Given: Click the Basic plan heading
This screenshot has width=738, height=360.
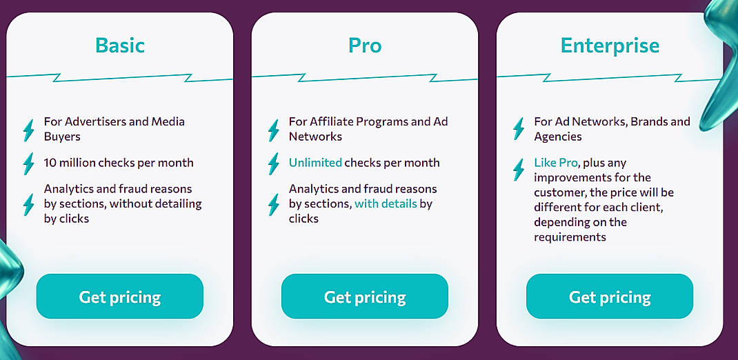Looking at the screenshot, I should (x=120, y=46).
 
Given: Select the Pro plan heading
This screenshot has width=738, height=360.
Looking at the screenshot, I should (x=365, y=46).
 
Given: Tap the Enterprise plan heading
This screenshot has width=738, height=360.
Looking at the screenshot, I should (x=610, y=46).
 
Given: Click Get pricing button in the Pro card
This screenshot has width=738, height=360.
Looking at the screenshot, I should (x=365, y=297).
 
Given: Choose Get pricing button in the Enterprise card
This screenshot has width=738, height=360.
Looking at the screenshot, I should (x=610, y=297).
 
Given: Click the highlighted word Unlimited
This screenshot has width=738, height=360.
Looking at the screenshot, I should (x=315, y=163).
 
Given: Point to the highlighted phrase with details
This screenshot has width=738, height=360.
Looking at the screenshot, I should (x=386, y=203).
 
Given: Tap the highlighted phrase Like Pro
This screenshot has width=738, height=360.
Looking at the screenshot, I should (x=556, y=163).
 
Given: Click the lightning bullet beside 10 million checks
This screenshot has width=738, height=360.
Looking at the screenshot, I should (x=28, y=163).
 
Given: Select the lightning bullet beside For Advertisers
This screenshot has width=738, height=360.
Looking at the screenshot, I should (x=28, y=130).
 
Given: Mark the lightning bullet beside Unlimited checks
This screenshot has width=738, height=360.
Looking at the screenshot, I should (x=273, y=163).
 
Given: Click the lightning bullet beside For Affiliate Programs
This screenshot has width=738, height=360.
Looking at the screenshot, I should (x=273, y=130).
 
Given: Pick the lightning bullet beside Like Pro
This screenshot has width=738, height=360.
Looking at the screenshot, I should (x=518, y=170).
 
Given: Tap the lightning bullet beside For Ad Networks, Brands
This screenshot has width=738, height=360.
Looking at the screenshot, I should (x=518, y=129).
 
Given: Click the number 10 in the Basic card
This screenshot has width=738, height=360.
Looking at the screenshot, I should (x=50, y=163).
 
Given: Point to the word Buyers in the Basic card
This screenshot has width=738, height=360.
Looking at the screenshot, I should (x=62, y=137).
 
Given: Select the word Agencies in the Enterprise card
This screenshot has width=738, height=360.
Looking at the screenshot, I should (x=558, y=137).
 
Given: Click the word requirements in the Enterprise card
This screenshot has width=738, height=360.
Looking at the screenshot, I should (x=570, y=237).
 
